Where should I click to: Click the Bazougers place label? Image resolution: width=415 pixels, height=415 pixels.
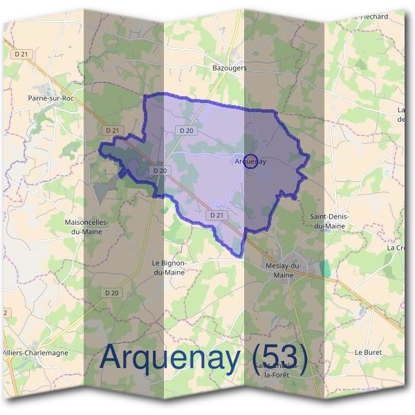(x=229, y=68)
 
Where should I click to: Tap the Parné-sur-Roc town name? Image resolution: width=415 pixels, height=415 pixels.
(x=51, y=98)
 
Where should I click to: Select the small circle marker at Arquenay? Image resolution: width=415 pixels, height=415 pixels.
(x=251, y=160)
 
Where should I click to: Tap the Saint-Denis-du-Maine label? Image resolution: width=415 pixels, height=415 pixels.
(x=332, y=221)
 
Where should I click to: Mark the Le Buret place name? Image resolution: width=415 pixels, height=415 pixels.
(x=369, y=352)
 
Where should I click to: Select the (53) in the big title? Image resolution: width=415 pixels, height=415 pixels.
(x=275, y=357)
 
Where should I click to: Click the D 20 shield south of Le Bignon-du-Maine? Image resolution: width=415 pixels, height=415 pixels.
(x=113, y=293)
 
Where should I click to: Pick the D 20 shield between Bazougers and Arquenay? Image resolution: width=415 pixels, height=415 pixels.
(x=185, y=130)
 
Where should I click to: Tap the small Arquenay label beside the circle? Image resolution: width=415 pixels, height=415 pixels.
(x=251, y=161)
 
